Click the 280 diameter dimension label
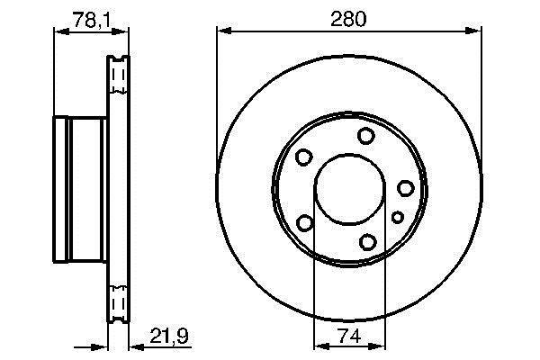pos(348,19)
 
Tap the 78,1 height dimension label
pos(92,21)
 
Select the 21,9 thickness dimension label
pos(169,336)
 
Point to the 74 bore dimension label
pos(349,336)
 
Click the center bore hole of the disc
pos(349,190)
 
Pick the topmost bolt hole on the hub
pos(365,135)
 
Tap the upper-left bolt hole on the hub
pos(304,157)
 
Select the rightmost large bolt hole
pos(406,188)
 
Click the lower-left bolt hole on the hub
pos(305,222)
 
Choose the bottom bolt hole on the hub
pos(367,242)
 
